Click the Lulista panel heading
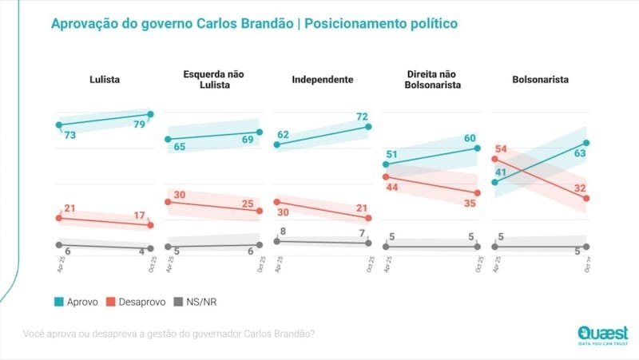104,79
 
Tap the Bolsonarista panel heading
539,79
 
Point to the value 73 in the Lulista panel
69,136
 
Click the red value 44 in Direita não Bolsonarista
395,186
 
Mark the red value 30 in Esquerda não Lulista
179,195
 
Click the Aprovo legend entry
76,303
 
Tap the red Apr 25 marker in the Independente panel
276,202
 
